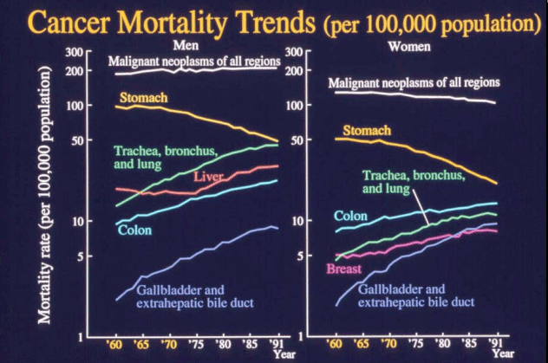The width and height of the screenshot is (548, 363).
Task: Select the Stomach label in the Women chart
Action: coord(367,131)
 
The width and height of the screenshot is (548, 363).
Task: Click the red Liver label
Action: coord(209,177)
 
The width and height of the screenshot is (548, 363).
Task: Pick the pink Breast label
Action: coord(343,269)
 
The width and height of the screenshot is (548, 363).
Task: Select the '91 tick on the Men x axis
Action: coord(277,343)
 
